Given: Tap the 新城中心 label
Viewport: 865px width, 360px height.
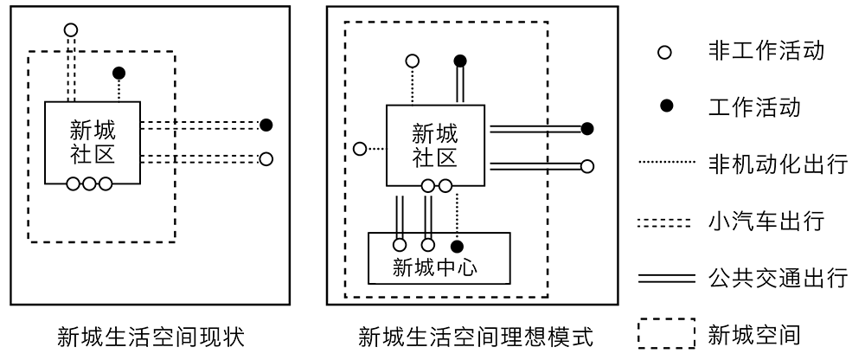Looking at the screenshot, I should coord(435,266).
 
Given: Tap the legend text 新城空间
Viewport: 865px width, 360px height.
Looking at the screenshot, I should coord(750,334).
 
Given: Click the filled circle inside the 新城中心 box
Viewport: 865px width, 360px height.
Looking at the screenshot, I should coord(458,245).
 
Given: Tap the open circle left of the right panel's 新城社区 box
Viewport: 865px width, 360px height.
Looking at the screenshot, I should coord(360,149).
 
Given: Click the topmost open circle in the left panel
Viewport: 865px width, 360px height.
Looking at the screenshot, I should coord(71,29).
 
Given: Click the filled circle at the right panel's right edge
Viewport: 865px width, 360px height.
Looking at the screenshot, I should coord(587,129).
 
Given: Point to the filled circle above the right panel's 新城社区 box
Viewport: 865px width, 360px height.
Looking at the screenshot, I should coord(460,61).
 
